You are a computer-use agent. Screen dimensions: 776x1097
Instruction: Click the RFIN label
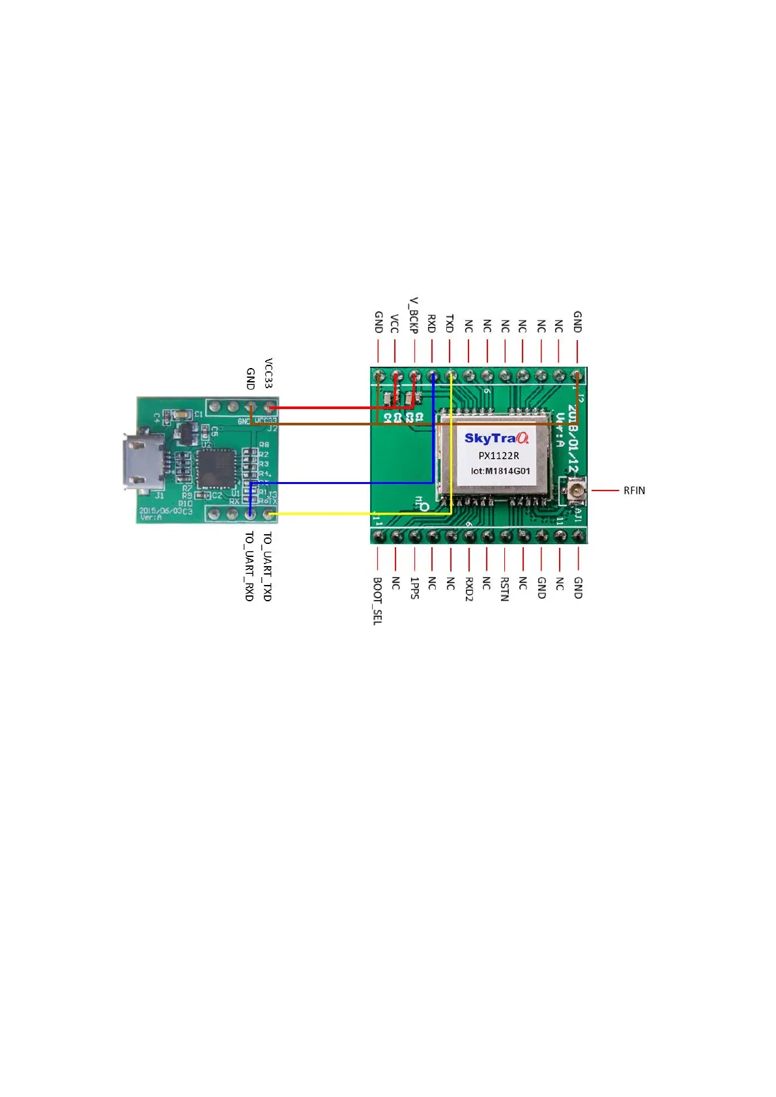coord(633,491)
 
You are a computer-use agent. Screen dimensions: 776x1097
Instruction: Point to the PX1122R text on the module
coord(498,455)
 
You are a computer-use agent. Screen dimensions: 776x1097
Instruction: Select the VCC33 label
coord(268,373)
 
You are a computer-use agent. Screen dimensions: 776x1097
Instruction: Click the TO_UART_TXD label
coord(267,566)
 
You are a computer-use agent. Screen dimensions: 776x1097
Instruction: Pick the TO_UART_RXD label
coord(249,566)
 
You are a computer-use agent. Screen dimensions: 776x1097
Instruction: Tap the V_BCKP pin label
coord(414,316)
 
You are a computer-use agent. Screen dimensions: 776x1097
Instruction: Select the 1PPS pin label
coord(414,588)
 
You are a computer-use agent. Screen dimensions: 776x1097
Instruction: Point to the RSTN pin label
coord(504,588)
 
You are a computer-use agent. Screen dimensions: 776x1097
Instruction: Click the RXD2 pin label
coord(468,588)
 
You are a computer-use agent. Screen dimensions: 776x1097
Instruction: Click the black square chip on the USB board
coord(216,467)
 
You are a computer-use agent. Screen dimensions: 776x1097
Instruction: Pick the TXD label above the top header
coord(450,324)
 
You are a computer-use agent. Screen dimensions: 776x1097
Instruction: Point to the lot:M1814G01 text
coord(500,471)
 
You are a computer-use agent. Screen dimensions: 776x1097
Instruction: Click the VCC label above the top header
coord(394,324)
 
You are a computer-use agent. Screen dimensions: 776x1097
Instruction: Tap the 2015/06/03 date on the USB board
coord(160,511)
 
